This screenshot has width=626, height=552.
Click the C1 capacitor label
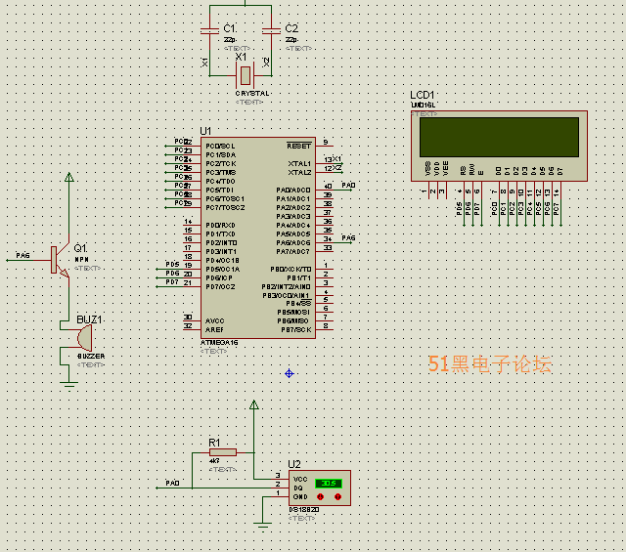[229, 27]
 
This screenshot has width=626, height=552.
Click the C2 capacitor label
[291, 27]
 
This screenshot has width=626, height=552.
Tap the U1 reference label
[205, 131]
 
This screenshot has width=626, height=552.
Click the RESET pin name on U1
[298, 146]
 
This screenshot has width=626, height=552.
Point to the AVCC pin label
[215, 320]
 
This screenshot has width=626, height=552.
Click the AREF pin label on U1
[215, 329]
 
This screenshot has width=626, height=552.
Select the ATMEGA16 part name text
[220, 342]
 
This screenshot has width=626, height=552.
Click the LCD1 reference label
[423, 95]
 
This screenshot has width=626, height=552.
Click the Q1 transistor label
[80, 247]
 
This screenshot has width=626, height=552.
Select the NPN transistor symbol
[59, 260]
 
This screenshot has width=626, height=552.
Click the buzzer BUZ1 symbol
[78, 338]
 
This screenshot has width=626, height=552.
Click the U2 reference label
[294, 464]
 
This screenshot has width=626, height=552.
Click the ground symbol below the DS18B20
[262, 527]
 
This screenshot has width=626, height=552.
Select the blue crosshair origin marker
[290, 373]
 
